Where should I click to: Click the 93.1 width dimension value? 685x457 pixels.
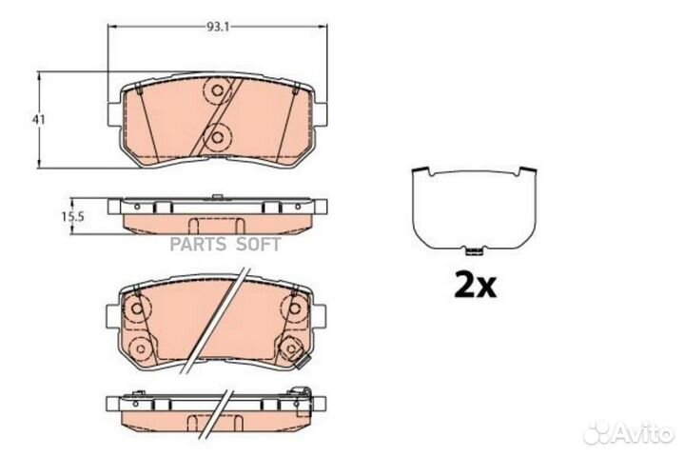pyautogui.click(x=218, y=27)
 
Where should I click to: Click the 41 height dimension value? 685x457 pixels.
pyautogui.click(x=38, y=119)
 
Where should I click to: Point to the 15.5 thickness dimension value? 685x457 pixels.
pyautogui.click(x=72, y=216)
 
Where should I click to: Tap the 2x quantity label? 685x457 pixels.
pyautogui.click(x=475, y=285)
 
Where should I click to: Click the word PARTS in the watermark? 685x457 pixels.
pyautogui.click(x=198, y=244)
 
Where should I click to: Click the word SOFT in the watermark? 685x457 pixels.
pyautogui.click(x=259, y=244)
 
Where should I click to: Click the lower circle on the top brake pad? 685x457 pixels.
pyautogui.click(x=217, y=138)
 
